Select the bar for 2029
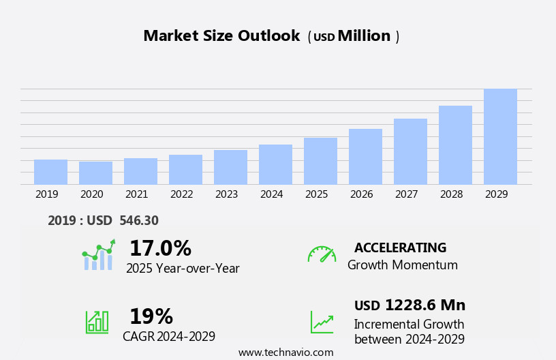(500, 136)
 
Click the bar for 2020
(95, 173)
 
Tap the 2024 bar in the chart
(275, 164)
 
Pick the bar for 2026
(365, 157)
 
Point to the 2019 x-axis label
(47, 194)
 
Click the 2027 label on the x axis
(407, 194)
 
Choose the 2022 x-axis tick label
(182, 194)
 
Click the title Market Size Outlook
(221, 36)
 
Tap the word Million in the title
(364, 36)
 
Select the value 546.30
(139, 221)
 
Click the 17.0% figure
(160, 248)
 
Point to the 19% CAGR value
(151, 316)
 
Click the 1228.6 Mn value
(425, 305)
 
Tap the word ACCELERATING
(400, 247)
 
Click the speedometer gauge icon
(322, 254)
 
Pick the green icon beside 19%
(97, 321)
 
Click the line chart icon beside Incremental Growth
(322, 322)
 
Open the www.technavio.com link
(285, 352)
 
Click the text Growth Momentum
(402, 265)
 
